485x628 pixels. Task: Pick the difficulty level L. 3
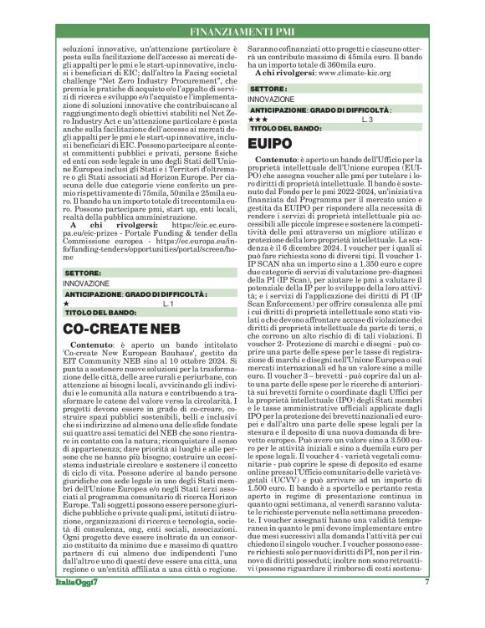pyautogui.click(x=366, y=120)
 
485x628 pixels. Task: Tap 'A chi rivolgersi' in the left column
pyautogui.click(x=106, y=224)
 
